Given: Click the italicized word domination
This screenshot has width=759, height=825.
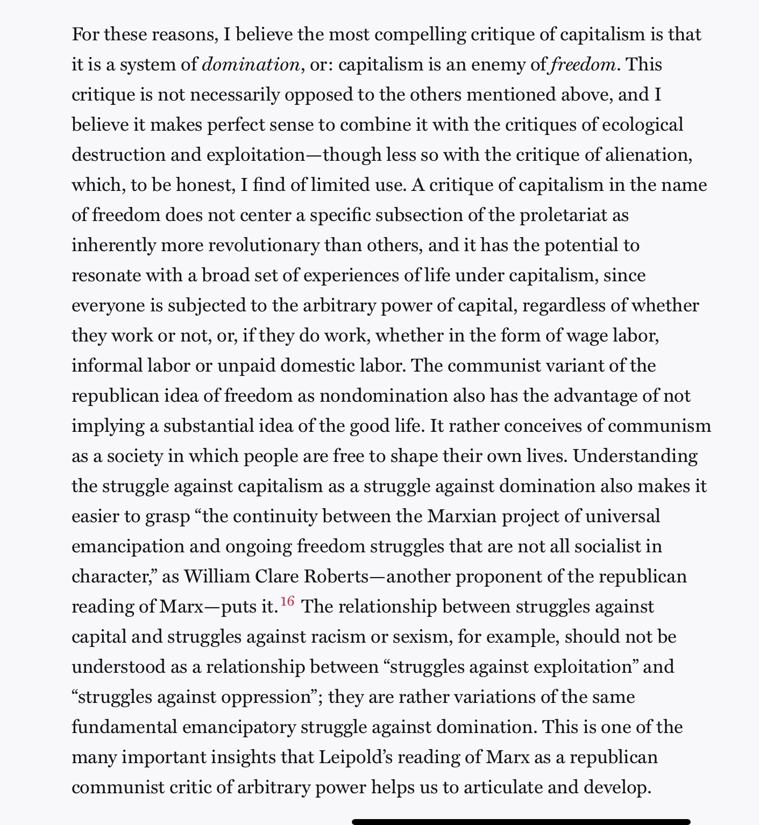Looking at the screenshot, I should click(x=251, y=65).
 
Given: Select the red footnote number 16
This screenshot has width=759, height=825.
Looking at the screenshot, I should click(x=288, y=601).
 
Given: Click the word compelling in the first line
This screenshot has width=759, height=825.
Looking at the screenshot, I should click(x=420, y=34).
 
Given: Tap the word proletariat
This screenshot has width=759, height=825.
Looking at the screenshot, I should click(x=563, y=215).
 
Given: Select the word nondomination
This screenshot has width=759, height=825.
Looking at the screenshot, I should click(x=384, y=396).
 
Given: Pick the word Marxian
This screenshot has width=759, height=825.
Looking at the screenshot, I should click(x=462, y=516).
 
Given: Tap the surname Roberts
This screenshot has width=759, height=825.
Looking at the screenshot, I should click(x=336, y=577).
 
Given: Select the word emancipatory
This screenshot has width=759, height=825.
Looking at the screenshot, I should click(x=239, y=727).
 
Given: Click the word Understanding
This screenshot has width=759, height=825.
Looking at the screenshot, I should click(x=635, y=456).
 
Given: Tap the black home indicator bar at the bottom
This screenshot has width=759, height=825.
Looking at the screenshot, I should click(x=521, y=821).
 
